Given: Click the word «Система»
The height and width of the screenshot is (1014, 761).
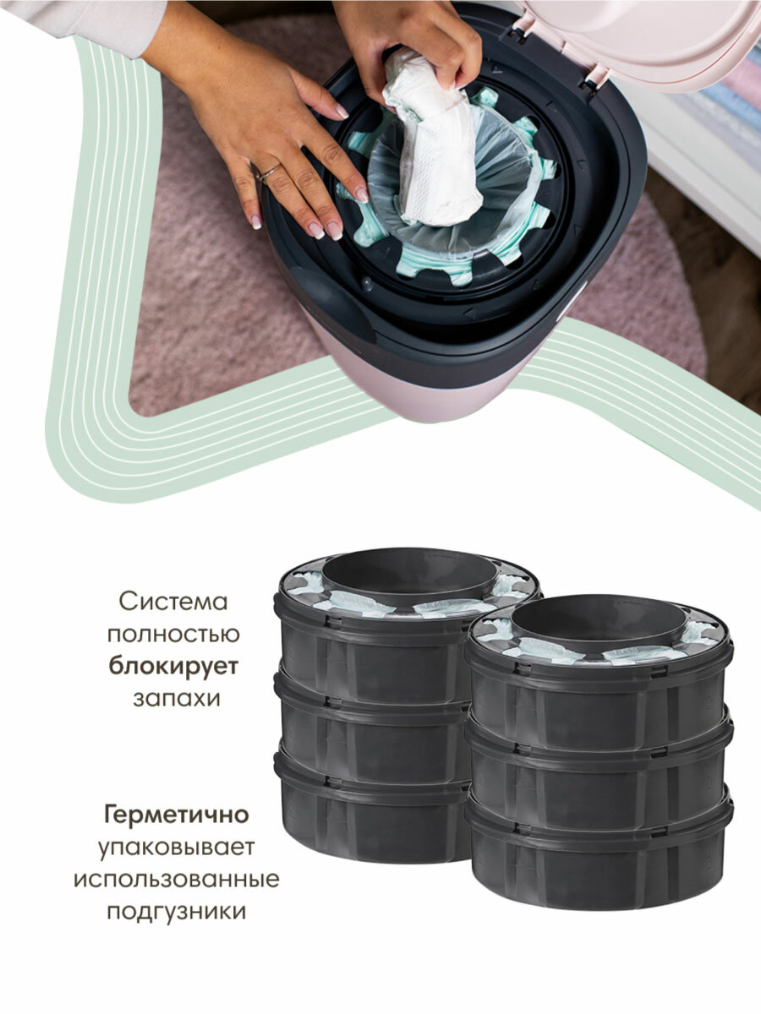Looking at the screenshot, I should pos(173,602).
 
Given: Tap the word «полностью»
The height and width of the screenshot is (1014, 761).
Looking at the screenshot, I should pos(172,634).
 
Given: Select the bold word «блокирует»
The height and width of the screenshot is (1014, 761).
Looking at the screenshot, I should pos(173,666).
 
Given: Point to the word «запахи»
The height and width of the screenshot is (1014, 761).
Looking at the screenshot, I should pos(173,699).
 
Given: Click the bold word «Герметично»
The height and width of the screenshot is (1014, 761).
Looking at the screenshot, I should pos(176,815).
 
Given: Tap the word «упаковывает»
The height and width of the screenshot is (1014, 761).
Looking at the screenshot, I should pos(176,847).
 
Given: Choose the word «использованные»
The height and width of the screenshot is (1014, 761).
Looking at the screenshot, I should pos(176,879).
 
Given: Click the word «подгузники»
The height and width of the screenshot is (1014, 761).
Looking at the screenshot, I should pos(176,911).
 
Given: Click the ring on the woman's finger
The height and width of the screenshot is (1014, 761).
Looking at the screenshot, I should pos(268,172).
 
